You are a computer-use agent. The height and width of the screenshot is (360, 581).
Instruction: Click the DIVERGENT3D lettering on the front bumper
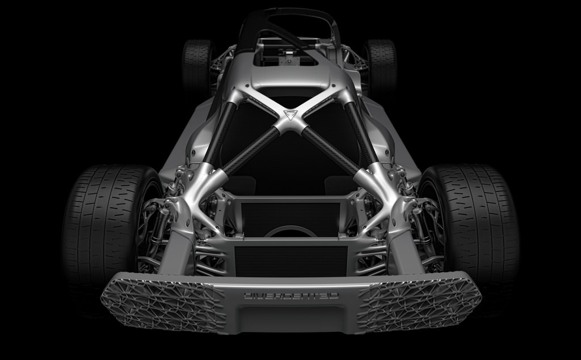291,295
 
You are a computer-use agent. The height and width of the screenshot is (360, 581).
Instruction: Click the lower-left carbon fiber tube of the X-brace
251,150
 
